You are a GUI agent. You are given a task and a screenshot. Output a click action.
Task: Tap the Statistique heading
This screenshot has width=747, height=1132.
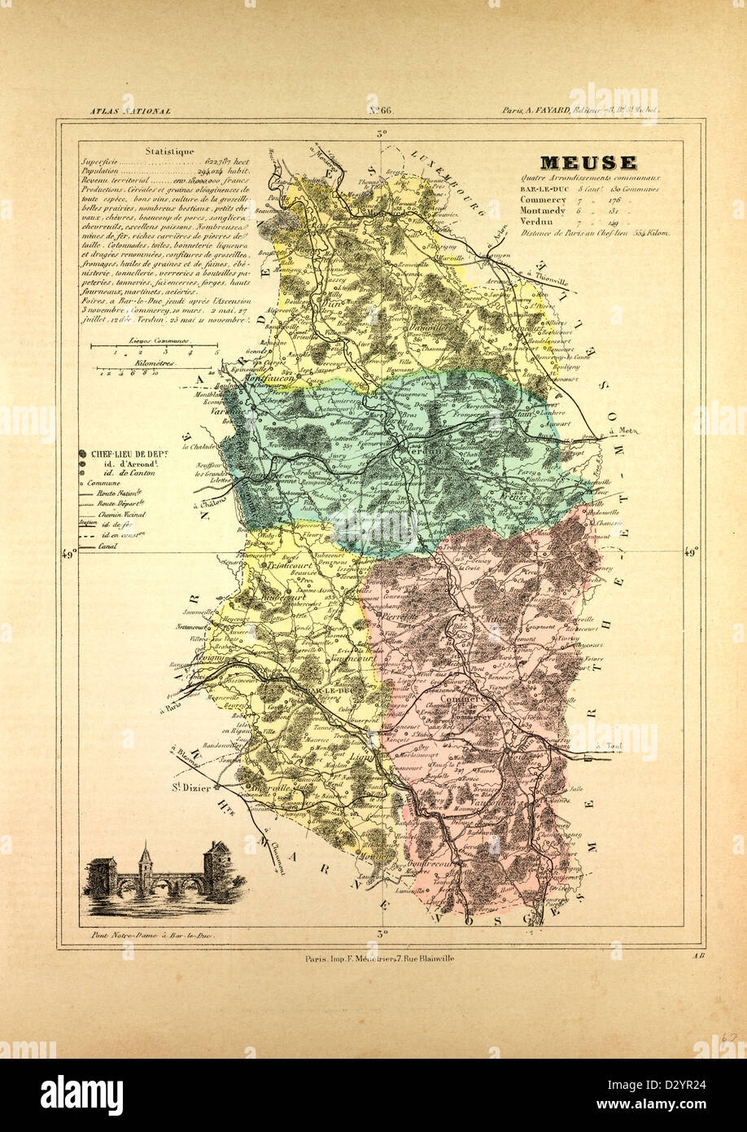169,151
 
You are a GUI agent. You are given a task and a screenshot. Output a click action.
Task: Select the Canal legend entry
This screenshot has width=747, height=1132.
103,546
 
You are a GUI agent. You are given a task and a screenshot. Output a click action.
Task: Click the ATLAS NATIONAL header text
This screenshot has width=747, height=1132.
130,110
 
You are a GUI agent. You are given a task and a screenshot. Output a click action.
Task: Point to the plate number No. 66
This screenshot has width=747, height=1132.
376,110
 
